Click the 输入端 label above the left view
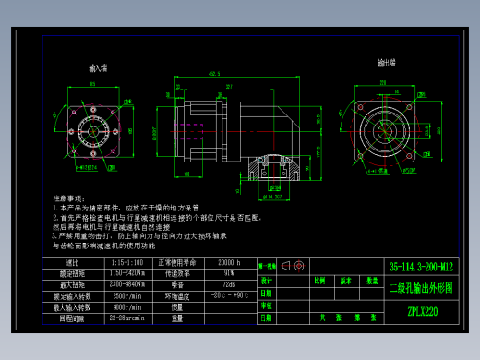[98, 68]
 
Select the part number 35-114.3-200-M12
[421, 265]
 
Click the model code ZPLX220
[421, 311]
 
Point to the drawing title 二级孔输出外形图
[421, 287]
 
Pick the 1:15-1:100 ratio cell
[126, 263]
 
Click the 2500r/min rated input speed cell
[126, 295]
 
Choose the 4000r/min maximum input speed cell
[126, 306]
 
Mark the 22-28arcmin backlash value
[126, 318]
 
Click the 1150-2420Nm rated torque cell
[126, 274]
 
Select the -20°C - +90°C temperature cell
[226, 295]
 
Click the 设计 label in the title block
[267, 280]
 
